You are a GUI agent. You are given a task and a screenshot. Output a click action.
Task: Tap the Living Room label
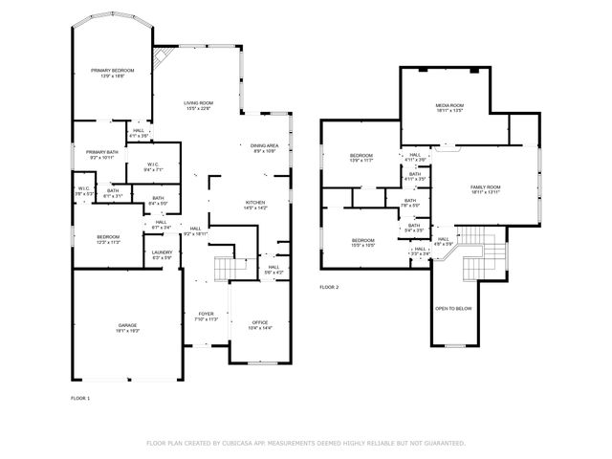[x=198, y=105]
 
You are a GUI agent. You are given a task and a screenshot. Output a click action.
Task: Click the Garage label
[x=127, y=327]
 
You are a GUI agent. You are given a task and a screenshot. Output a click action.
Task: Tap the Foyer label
[x=206, y=317]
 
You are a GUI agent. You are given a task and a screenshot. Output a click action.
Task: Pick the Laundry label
[x=163, y=254]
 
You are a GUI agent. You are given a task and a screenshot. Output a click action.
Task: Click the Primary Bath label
[x=100, y=155]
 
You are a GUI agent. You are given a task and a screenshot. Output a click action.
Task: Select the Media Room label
[x=449, y=108]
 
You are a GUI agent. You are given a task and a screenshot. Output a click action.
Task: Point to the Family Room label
[x=486, y=189]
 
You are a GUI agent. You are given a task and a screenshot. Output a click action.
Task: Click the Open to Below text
[x=453, y=309]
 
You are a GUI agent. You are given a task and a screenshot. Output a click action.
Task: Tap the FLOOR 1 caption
[x=80, y=397]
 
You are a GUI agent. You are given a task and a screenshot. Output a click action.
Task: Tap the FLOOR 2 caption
[x=329, y=287]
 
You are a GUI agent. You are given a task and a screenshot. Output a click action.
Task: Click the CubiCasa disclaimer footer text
[x=306, y=443]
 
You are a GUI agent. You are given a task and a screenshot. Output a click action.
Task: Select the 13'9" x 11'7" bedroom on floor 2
[x=361, y=158]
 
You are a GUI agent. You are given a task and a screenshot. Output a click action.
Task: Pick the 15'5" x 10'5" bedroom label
[x=362, y=242]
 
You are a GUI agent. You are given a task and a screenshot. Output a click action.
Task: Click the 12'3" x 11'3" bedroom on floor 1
[x=108, y=239]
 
